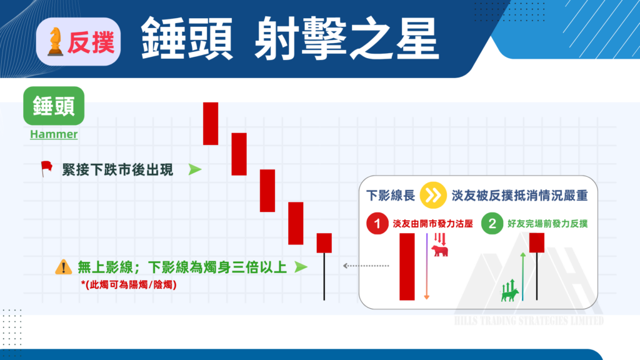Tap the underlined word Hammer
click(54, 134)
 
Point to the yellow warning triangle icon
click(64, 267)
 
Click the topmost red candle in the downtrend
click(211, 123)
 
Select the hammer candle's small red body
click(324, 242)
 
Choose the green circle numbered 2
click(492, 224)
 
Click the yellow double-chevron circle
click(432, 196)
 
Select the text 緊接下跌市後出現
click(118, 169)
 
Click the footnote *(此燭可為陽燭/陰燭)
click(129, 285)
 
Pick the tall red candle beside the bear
click(407, 266)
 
